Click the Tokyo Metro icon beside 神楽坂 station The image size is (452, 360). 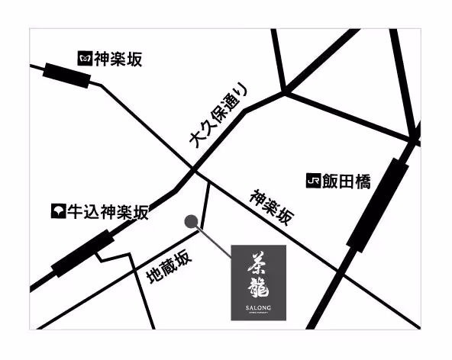84,58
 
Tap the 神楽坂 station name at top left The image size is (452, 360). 117,59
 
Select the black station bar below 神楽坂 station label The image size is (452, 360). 67,76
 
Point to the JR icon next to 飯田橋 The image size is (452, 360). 311,182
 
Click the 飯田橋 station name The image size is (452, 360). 345,182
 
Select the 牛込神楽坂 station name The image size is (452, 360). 107,212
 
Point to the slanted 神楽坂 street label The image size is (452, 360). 270,206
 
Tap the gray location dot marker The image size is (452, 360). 191,222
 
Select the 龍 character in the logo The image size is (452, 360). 258,288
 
